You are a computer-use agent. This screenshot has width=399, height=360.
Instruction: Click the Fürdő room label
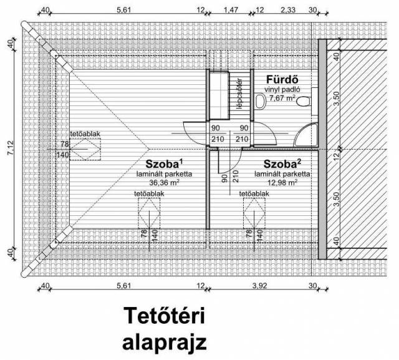tap(282, 80)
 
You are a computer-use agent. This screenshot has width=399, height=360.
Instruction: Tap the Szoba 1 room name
tap(164, 163)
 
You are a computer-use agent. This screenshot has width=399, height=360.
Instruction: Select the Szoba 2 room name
tap(282, 163)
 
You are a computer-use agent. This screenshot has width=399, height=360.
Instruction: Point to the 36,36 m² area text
tap(165, 183)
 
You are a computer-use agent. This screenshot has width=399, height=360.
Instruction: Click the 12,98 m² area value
tap(282, 183)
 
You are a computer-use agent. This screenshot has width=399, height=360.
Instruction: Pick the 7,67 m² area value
tap(282, 98)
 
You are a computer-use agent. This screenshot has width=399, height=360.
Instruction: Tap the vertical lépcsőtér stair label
tap(239, 94)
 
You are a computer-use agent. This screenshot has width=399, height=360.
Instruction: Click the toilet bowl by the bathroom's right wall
tap(304, 102)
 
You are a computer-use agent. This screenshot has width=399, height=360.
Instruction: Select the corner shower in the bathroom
tap(306, 135)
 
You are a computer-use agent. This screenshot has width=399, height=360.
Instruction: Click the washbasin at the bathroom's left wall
tap(260, 102)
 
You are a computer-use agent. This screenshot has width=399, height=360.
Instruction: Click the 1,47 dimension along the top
tap(231, 10)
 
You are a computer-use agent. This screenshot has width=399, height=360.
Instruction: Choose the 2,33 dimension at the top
tap(288, 10)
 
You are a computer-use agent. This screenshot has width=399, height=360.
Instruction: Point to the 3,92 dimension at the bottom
tap(259, 286)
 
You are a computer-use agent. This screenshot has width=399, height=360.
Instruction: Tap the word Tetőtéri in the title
tap(164, 316)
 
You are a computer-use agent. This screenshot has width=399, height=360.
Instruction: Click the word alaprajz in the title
tap(164, 343)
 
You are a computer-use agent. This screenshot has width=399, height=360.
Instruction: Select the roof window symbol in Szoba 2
tap(254, 213)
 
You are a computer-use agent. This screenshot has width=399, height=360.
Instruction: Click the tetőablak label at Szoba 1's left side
tap(85, 134)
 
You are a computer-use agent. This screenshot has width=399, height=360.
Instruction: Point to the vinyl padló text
tap(282, 89)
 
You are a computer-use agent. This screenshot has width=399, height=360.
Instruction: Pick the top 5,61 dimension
tap(123, 10)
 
